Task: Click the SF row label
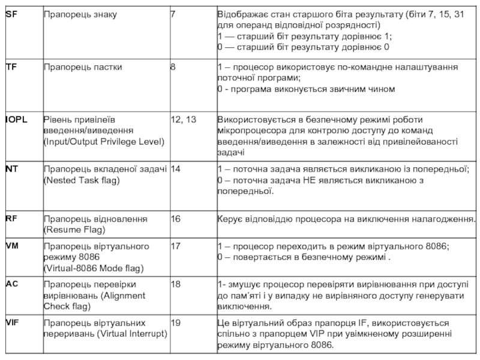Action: point(11,14)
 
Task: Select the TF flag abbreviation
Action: point(11,67)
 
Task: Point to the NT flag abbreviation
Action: point(11,169)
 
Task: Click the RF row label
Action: point(11,218)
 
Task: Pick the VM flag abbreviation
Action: point(12,246)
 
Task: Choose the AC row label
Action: point(11,283)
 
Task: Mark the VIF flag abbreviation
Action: point(12,322)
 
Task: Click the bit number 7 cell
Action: point(173,14)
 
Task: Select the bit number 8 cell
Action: point(173,67)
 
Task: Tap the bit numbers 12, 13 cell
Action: point(184,119)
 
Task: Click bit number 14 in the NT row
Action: point(176,169)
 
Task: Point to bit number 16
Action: point(176,218)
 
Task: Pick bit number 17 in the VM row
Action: point(176,246)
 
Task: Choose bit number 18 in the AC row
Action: point(176,283)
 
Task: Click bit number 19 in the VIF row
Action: point(176,323)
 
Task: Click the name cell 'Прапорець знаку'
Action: point(80,14)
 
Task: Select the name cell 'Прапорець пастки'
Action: point(82,67)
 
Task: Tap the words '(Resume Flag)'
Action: point(74,230)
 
